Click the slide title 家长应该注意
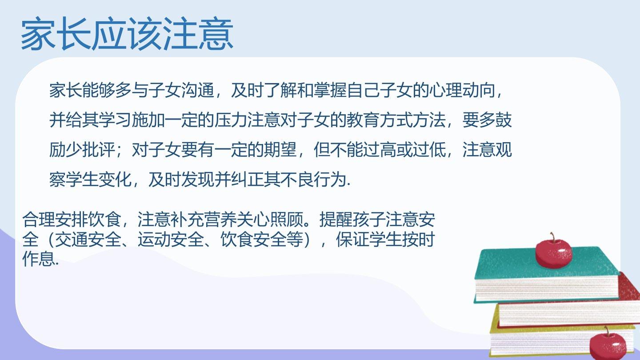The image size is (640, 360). (x=127, y=34)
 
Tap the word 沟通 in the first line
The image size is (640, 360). (x=198, y=91)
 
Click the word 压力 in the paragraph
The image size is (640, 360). (x=231, y=120)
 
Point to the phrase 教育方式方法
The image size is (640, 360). (x=396, y=120)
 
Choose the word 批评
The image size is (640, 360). (x=99, y=150)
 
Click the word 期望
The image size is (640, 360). (x=280, y=150)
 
